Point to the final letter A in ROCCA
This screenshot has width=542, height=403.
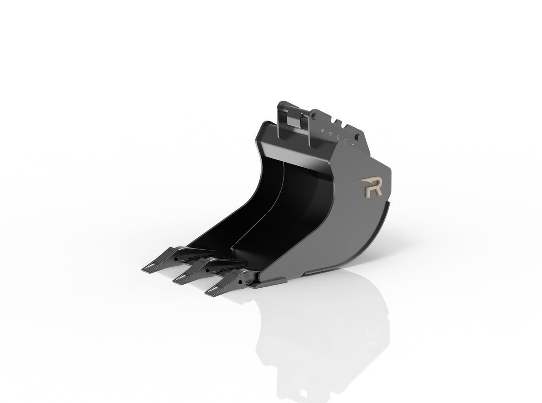(x=354, y=143)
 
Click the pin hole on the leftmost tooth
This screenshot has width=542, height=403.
(x=177, y=258)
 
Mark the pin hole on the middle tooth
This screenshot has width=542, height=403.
(x=208, y=269)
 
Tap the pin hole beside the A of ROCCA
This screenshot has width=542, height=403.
(x=358, y=136)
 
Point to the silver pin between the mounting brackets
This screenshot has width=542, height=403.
(x=296, y=120)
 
